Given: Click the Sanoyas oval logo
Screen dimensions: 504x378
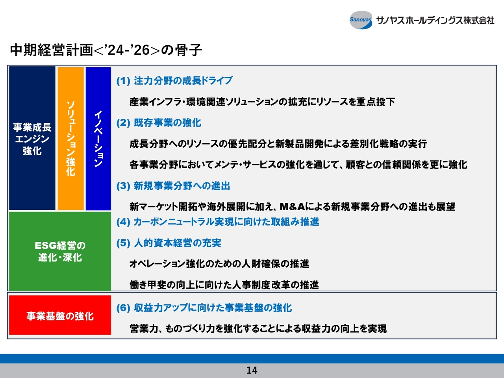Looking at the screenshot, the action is [x=361, y=20].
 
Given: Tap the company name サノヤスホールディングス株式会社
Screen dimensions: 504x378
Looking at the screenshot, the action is [x=435, y=20].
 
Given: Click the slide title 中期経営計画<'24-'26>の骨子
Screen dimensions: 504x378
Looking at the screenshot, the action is [x=106, y=50].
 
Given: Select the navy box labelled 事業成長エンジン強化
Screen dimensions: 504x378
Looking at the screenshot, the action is [x=32, y=138].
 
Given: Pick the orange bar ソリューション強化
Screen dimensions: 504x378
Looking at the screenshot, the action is [x=70, y=138].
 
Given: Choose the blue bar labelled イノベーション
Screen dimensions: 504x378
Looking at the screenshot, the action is [x=98, y=138].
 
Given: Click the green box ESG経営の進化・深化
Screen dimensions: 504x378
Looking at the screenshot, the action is [x=60, y=251].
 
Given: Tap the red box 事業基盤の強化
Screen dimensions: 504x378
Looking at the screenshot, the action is [x=60, y=315].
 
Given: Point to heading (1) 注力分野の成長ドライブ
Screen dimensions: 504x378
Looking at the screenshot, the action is [x=174, y=81].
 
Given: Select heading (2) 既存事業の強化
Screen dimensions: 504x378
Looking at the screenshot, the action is [x=159, y=123].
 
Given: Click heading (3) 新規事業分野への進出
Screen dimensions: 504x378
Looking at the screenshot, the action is [x=173, y=186].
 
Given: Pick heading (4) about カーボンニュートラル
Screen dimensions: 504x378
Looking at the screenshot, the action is [x=218, y=222].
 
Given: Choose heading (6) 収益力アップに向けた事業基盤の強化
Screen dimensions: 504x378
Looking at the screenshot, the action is [x=204, y=308].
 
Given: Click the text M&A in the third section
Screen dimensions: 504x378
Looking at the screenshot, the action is [x=292, y=207].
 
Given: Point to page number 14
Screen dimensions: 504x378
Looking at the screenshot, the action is [x=252, y=370].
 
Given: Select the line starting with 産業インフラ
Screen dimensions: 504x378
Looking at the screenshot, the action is [x=262, y=102].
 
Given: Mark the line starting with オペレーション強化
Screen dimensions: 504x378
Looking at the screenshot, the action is [x=219, y=264].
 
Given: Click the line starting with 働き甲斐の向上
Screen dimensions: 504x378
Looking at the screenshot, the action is [x=224, y=285].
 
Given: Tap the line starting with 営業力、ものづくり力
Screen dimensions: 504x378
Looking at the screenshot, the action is [x=258, y=329].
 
